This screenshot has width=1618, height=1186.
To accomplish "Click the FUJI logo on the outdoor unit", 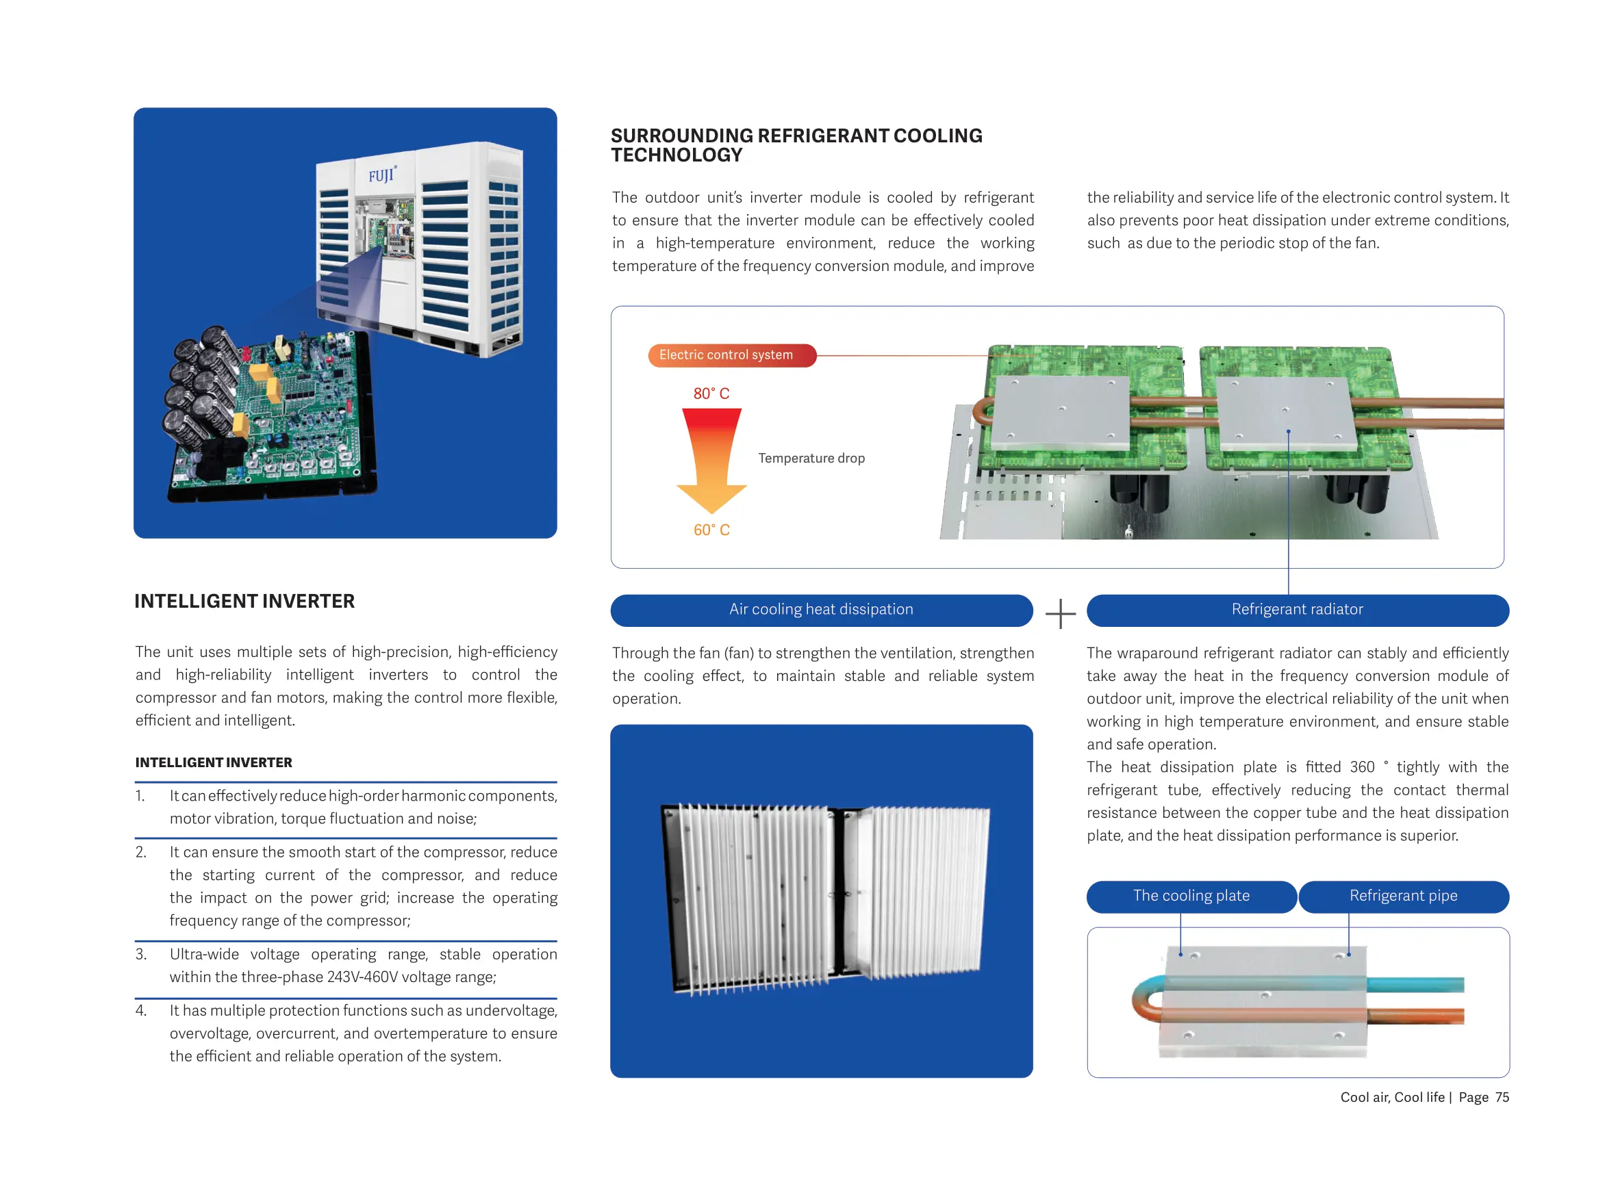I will [381, 175].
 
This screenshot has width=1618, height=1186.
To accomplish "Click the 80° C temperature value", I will [711, 394].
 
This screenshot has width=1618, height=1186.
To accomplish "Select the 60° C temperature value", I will [711, 530].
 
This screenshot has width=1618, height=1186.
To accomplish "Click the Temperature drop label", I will [811, 458].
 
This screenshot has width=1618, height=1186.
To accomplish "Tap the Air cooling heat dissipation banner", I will [821, 610].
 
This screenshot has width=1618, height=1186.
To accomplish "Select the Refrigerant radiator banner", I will [1296, 610].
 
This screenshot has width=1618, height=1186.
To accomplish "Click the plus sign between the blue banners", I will [1060, 614].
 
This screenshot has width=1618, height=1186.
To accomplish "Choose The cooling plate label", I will [1191, 896].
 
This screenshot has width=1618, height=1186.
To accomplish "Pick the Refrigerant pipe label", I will [1402, 896].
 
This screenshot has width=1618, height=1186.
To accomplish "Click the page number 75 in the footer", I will [1502, 1098].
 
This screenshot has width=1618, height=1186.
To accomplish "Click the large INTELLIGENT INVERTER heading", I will [244, 601].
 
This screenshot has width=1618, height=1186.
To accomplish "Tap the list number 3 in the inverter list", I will [141, 954].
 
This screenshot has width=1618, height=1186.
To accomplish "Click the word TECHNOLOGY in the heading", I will [677, 155].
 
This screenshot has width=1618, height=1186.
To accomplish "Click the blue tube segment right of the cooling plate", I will [1415, 985].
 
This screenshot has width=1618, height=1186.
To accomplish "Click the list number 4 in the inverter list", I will [141, 1011].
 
